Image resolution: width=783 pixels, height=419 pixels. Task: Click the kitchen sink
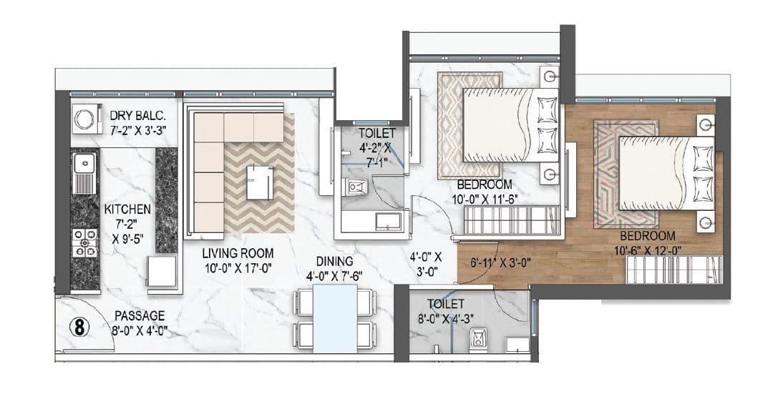[84, 172]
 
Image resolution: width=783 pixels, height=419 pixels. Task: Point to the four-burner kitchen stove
[84, 242]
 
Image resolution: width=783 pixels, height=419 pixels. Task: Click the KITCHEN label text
[127, 209]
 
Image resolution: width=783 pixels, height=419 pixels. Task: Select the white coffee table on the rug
[260, 182]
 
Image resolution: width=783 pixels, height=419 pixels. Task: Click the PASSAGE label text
[140, 315]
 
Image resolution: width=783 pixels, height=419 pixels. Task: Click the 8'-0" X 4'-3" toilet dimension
[446, 319]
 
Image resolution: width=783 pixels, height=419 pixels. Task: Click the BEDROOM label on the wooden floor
[648, 235]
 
